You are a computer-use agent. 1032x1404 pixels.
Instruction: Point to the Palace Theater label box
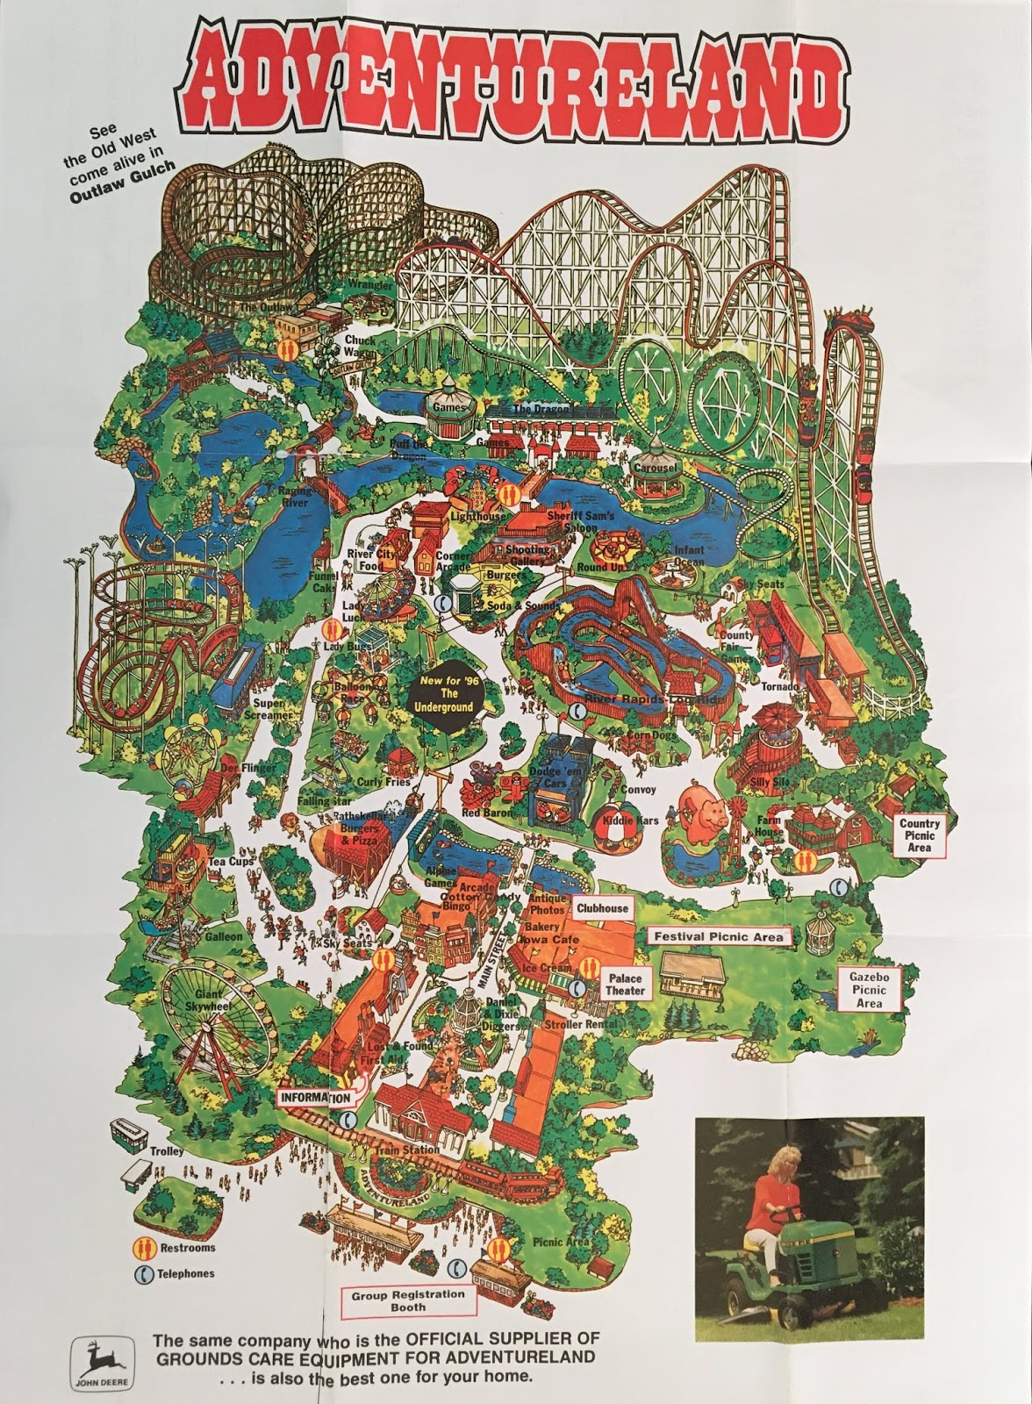(x=624, y=985)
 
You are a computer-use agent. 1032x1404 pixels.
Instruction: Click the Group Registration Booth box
(x=408, y=1300)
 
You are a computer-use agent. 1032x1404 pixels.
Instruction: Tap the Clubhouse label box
(x=602, y=908)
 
